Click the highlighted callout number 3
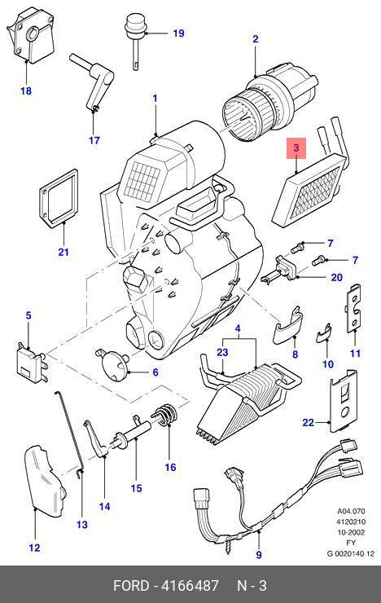(296, 147)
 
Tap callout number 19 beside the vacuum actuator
(178, 33)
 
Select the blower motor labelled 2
(270, 102)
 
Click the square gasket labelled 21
(59, 197)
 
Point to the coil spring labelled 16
(165, 415)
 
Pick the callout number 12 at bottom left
(34, 548)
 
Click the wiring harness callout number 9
(259, 555)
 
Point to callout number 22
(309, 423)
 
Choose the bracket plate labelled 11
(355, 307)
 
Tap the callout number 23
(222, 352)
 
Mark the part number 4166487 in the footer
(190, 586)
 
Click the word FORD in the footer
(130, 586)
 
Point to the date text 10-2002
(351, 532)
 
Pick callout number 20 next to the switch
(336, 277)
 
